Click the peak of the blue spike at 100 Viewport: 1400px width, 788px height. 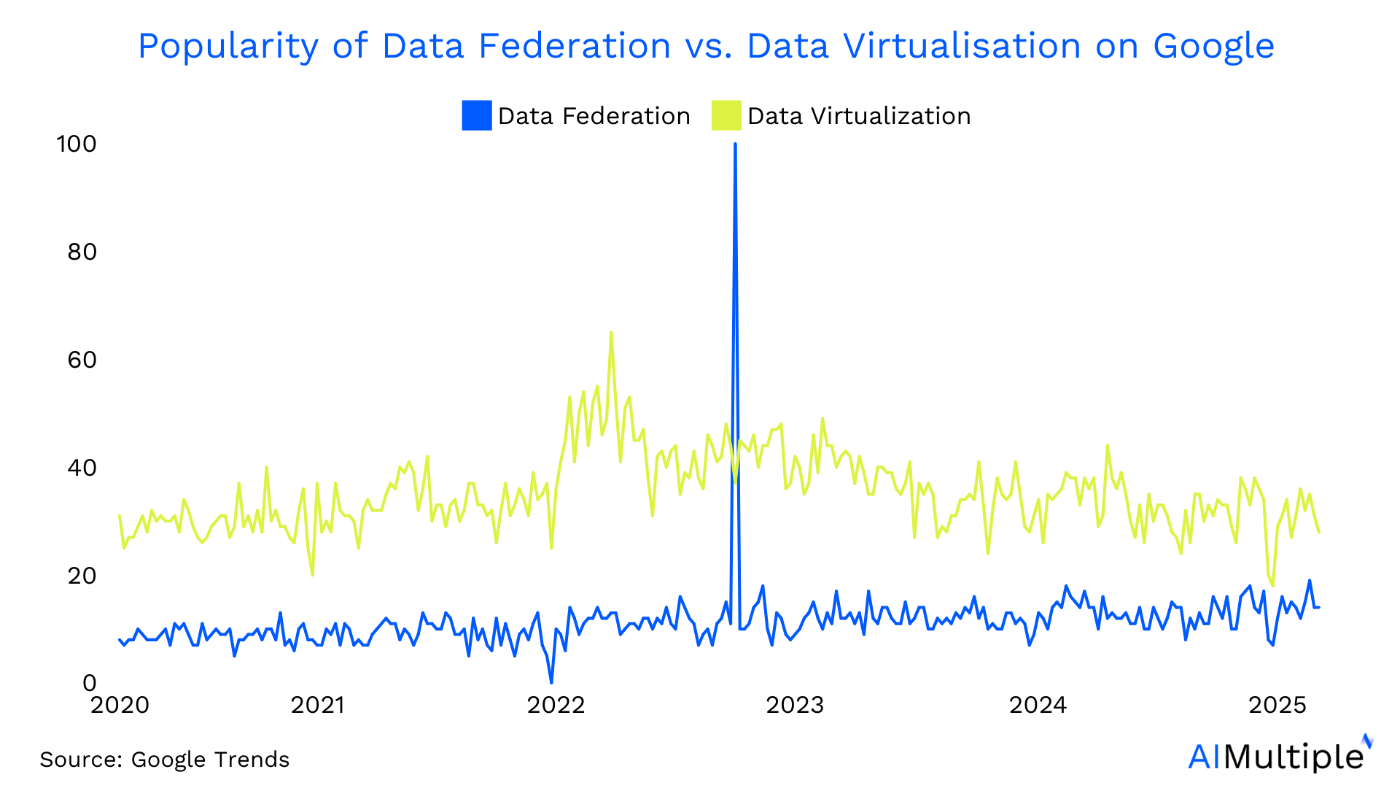click(x=735, y=144)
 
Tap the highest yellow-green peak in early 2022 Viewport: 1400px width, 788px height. click(x=611, y=333)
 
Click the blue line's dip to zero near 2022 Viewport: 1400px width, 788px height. click(x=551, y=682)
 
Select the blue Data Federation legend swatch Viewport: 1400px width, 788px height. click(x=477, y=116)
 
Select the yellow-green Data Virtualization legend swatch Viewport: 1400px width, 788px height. click(x=726, y=116)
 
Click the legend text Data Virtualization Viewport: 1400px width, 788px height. click(x=859, y=116)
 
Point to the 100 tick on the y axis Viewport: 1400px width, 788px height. click(x=77, y=144)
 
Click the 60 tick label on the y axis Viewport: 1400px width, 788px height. click(x=82, y=360)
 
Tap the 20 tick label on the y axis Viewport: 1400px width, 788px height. click(x=82, y=576)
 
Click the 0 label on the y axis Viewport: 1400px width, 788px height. click(x=89, y=683)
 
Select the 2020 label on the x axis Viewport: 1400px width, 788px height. click(x=120, y=705)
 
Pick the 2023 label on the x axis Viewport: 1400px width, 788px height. click(x=795, y=705)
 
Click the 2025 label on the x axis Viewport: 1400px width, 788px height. click(x=1277, y=705)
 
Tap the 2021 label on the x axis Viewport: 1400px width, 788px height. click(x=318, y=705)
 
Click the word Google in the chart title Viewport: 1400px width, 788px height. click(x=1213, y=47)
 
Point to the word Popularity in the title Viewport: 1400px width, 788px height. click(x=227, y=47)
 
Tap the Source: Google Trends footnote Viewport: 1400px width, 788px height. click(x=165, y=760)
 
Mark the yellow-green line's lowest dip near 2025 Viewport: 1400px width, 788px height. click(x=1272, y=586)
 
